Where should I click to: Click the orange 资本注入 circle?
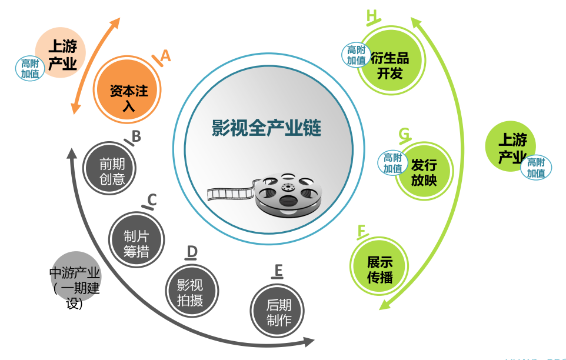[127, 89]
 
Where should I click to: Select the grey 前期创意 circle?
[109, 168]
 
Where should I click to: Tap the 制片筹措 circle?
[136, 239]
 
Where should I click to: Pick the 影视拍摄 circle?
[192, 291]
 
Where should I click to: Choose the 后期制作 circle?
[277, 311]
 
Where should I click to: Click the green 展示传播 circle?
[379, 266]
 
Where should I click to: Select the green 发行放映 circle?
[424, 171]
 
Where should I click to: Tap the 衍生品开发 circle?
[391, 61]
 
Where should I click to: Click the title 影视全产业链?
[267, 128]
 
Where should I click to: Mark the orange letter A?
[165, 56]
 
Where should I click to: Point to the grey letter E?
[278, 270]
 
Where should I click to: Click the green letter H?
[371, 16]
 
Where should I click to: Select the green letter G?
[405, 134]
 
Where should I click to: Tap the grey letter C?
[152, 199]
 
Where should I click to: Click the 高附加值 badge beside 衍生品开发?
[357, 55]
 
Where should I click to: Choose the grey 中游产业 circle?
[76, 276]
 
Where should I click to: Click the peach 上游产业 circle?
[60, 52]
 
